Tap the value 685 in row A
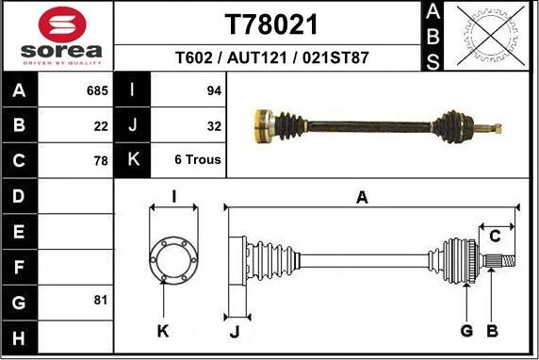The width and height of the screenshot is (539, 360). point(98,91)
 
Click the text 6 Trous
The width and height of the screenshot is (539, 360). point(198,160)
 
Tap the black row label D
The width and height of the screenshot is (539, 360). point(20,197)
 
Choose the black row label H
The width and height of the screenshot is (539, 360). point(20,336)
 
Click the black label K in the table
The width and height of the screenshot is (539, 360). point(133,160)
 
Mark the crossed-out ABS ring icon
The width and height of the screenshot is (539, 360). point(487,36)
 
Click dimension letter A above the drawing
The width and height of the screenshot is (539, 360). point(361,197)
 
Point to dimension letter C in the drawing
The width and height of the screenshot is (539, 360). point(494,236)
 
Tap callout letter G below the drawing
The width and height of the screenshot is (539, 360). point(465,330)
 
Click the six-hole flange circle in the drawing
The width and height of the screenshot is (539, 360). point(172,258)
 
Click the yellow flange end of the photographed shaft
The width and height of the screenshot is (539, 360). point(260,123)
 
